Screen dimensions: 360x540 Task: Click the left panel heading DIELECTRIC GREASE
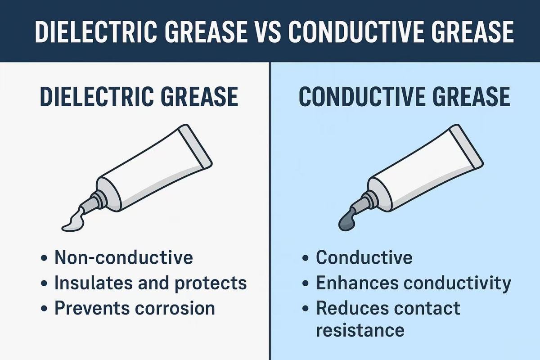139,97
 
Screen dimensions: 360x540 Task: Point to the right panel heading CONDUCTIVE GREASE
405,97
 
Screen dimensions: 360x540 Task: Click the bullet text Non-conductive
123,257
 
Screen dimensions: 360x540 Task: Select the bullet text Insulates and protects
150,283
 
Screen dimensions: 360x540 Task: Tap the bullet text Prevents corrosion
135,308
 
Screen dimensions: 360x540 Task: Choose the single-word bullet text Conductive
364,257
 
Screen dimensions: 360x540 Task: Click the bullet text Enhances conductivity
414,283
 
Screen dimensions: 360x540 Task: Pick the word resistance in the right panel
360,330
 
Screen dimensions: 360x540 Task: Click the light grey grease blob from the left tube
72,222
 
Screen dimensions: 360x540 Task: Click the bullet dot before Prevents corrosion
44,309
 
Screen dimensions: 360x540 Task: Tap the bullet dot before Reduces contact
306,309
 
